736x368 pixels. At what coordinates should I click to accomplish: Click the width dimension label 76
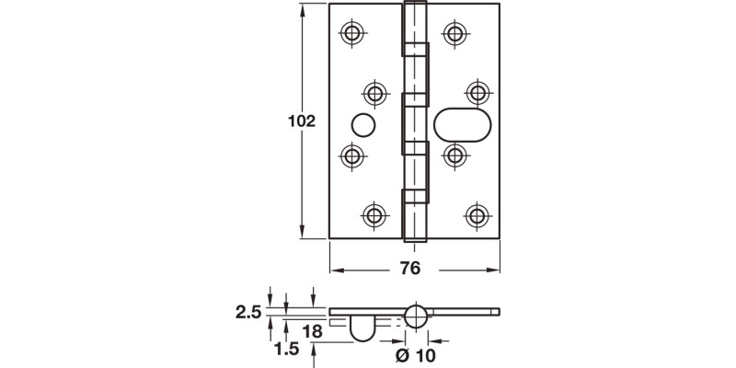[x=410, y=269]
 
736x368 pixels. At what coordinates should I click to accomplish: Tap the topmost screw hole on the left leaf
[x=351, y=33]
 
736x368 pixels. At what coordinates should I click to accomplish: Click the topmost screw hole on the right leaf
[x=453, y=33]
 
